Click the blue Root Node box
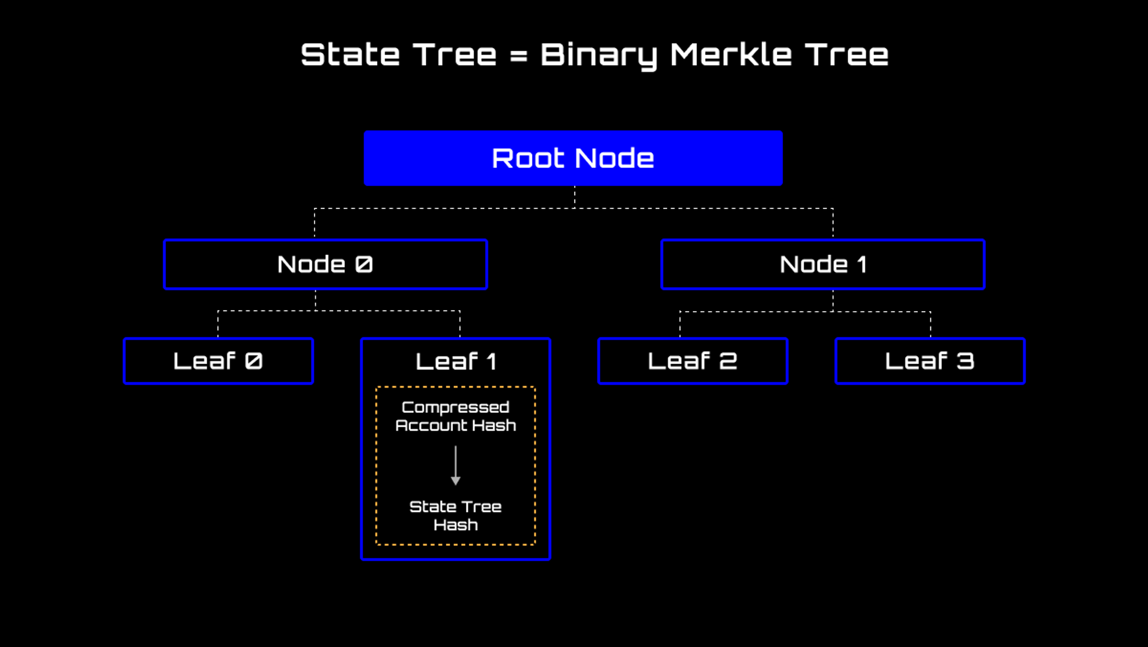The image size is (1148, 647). pos(573,158)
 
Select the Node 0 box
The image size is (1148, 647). pos(325,265)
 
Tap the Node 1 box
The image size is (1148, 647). pos(823,265)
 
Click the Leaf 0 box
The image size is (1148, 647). pos(218,361)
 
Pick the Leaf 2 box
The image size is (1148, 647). pos(692,361)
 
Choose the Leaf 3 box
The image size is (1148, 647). pos(930,361)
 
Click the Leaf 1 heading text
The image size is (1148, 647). pos(456,362)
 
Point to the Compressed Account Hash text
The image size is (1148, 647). pos(456,416)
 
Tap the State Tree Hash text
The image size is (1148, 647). pos(456,516)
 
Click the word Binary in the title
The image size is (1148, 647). pos(599,56)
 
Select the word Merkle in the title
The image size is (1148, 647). pos(731,55)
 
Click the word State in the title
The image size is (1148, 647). pos(350,55)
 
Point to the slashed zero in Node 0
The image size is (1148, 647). pos(364,265)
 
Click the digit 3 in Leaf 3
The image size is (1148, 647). pos(965,361)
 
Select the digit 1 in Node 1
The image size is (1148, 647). pos(861,265)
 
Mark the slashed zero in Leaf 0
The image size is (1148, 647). pos(254,361)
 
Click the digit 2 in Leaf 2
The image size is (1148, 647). pos(728,361)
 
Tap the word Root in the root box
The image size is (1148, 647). pos(528,158)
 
